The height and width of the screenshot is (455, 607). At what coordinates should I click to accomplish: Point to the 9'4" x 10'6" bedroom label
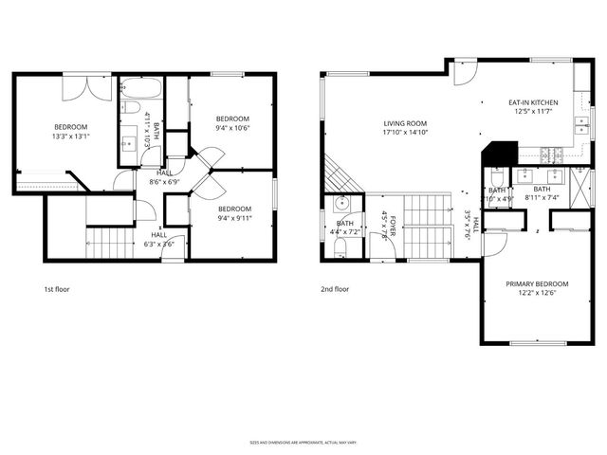(x=232, y=124)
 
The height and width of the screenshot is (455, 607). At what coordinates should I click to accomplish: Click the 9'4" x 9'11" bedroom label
(x=234, y=213)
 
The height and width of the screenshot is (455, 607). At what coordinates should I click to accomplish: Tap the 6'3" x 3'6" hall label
(x=158, y=240)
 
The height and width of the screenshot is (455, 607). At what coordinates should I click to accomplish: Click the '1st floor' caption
(x=57, y=288)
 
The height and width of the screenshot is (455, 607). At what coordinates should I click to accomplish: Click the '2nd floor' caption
(x=336, y=288)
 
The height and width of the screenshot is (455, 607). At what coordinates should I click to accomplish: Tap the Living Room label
(x=405, y=128)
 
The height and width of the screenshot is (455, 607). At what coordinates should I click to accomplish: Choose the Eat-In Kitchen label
(x=532, y=107)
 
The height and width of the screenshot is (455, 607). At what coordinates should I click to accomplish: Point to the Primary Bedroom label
(x=536, y=289)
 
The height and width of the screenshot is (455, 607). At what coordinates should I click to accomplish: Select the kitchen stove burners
(x=549, y=153)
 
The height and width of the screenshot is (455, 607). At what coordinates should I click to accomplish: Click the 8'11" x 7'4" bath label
(x=543, y=192)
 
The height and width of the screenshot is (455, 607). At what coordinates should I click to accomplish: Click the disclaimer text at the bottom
(x=303, y=442)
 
